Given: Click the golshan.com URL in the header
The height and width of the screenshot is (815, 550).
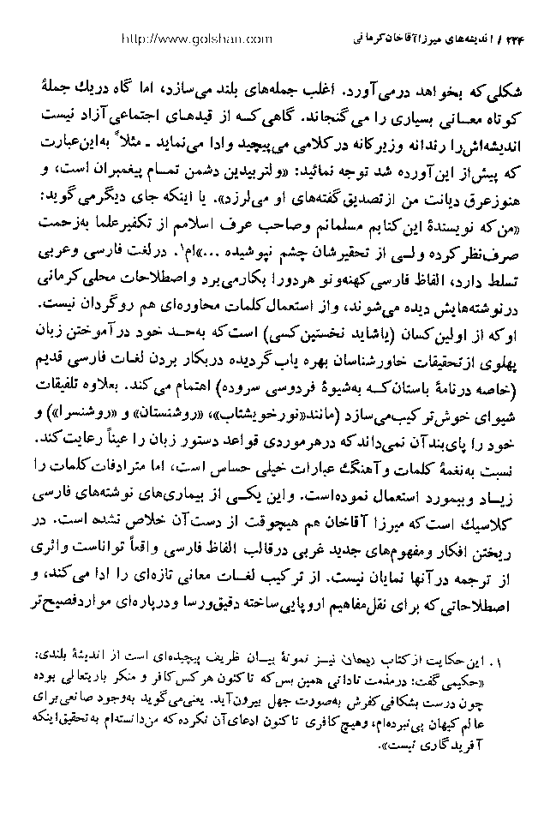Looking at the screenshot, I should [x=198, y=39].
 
